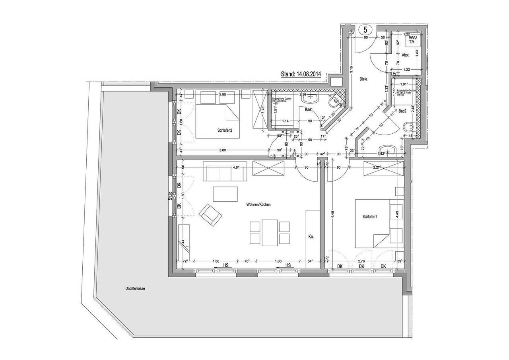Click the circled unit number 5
click(x=365, y=30)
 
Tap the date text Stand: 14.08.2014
click(x=301, y=74)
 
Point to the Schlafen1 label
click(x=369, y=217)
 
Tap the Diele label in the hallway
click(x=363, y=79)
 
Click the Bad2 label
click(x=402, y=111)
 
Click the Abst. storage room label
click(x=406, y=55)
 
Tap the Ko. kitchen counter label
click(x=311, y=237)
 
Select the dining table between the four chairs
click(x=269, y=232)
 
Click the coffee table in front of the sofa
click(x=225, y=194)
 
